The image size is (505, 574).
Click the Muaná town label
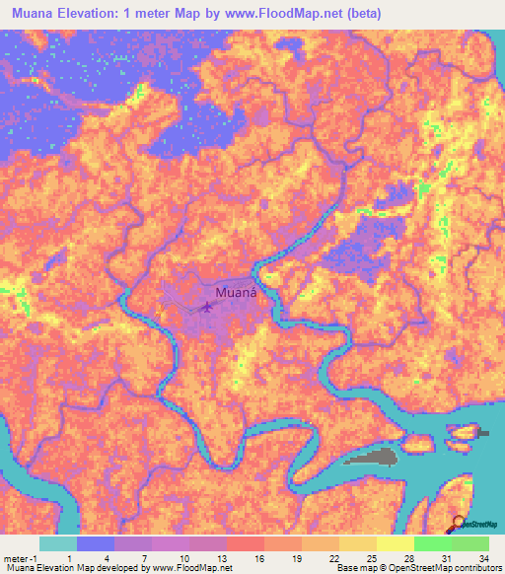click(236, 293)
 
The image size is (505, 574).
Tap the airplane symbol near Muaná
click(207, 308)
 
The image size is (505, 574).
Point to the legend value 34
click(484, 557)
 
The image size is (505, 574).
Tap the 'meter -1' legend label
click(21, 557)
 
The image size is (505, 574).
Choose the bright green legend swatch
click(432, 543)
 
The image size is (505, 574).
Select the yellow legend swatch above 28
click(395, 543)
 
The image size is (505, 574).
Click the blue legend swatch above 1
click(95, 543)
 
